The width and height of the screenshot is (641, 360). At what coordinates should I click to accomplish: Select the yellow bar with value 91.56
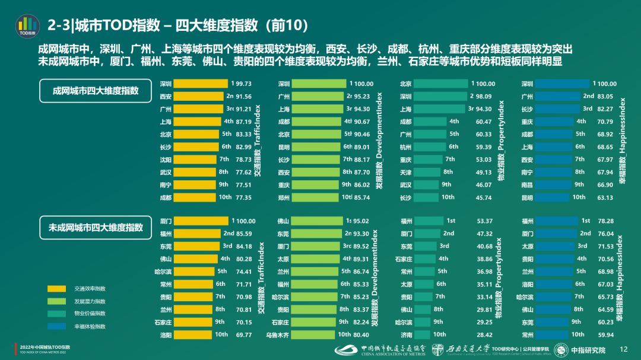(x=198, y=97)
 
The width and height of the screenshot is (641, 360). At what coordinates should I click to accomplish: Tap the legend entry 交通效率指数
(x=89, y=289)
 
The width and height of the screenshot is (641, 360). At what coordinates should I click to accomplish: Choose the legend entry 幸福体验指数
(x=89, y=327)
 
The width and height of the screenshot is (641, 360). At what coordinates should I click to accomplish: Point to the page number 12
(x=623, y=349)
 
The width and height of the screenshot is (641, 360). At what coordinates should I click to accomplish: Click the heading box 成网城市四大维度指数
(x=96, y=91)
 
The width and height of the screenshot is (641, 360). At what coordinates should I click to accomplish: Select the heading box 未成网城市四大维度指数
(x=96, y=227)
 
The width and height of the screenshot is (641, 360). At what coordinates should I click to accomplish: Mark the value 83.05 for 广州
(x=605, y=96)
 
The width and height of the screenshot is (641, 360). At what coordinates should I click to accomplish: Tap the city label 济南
(x=406, y=334)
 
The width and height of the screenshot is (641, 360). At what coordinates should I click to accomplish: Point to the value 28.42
(x=484, y=334)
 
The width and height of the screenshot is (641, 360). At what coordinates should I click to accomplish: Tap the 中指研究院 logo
(x=580, y=350)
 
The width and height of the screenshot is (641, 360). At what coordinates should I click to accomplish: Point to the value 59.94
(x=605, y=334)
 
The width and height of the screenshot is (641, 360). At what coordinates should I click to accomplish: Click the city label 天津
(x=406, y=172)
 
